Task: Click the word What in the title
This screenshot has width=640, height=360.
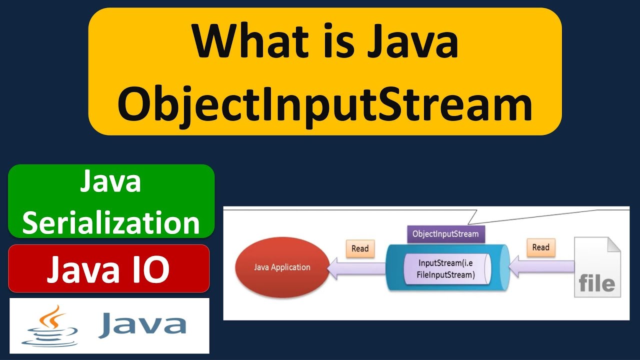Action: (x=242, y=42)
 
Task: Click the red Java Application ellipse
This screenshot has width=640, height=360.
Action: (x=282, y=267)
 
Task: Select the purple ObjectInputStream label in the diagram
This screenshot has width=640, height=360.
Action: (x=445, y=233)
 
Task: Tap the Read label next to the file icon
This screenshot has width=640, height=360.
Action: (x=540, y=247)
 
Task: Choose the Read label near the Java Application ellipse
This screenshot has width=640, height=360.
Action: (x=360, y=248)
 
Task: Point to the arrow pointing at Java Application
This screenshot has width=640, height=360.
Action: (x=356, y=269)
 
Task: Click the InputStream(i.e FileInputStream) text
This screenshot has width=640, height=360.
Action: (x=446, y=268)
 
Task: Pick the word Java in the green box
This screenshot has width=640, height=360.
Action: (x=110, y=182)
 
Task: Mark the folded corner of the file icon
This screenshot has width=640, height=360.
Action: (x=613, y=244)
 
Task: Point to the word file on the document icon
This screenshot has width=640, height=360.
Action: (x=596, y=283)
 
